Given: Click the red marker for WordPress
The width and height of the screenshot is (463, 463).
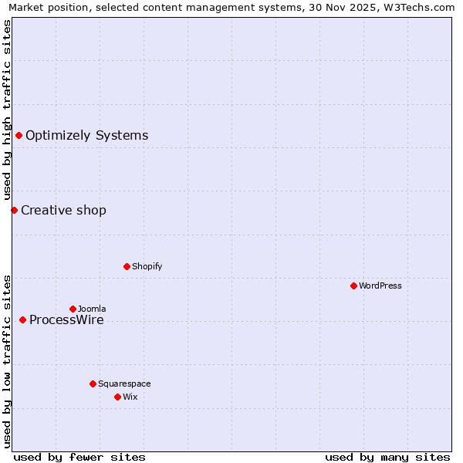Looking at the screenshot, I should [353, 286].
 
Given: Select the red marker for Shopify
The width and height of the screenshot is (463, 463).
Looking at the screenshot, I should [127, 266].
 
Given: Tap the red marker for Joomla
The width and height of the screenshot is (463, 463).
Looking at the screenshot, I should [73, 309].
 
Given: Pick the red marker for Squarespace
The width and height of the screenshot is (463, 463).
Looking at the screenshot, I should [93, 384].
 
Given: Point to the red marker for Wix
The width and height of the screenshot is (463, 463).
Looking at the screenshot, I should [117, 397].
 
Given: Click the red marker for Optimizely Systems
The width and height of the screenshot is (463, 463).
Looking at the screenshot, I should [19, 136].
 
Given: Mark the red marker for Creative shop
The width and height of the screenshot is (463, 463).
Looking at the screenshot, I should [14, 210].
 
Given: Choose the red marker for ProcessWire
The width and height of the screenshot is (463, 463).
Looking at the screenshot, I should [22, 319].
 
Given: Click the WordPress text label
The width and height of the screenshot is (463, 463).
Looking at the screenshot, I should [380, 286].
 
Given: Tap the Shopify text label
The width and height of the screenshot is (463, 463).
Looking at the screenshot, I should [147, 266].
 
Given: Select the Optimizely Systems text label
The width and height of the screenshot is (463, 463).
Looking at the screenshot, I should [86, 136].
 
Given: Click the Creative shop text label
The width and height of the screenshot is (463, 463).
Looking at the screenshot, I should [63, 210].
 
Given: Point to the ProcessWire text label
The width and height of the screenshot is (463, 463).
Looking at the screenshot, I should [66, 320].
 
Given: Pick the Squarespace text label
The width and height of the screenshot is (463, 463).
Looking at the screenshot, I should [124, 384].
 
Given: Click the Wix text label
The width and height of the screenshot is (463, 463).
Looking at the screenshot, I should [130, 397].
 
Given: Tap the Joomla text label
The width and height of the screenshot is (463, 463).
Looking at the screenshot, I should [92, 309].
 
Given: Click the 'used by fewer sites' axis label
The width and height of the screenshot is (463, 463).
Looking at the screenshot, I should [79, 457].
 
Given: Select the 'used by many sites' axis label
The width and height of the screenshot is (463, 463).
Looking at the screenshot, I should [387, 457].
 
